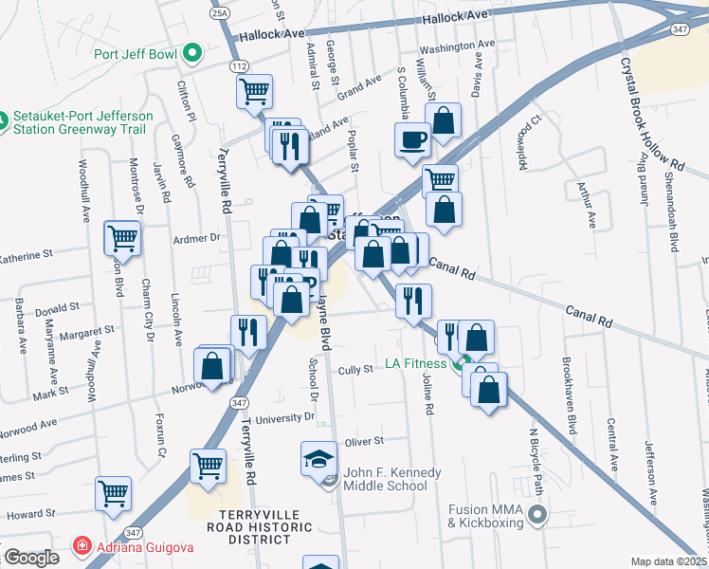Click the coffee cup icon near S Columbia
[x=412, y=139]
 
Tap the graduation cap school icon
[x=318, y=460]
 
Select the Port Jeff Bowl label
[x=135, y=54]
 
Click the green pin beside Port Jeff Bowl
[x=192, y=53]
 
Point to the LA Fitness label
[x=415, y=363]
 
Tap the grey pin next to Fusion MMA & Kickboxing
[x=539, y=516]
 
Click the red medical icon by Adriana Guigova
[x=82, y=548]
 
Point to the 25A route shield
[x=220, y=15]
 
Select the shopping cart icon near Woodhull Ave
[x=123, y=237]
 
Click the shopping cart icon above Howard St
[x=113, y=493]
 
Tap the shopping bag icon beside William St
[x=443, y=120]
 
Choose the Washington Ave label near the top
[x=457, y=46]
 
